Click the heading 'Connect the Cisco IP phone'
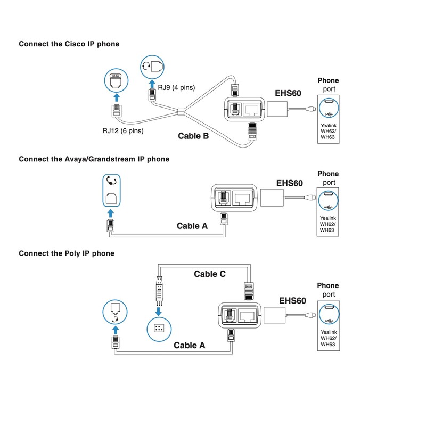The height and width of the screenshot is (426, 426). pyautogui.click(x=69, y=44)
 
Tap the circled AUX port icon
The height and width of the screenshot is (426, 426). pyautogui.click(x=116, y=80)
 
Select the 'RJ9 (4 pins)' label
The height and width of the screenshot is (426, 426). pyautogui.click(x=176, y=87)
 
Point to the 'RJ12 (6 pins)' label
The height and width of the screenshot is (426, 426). pyautogui.click(x=123, y=130)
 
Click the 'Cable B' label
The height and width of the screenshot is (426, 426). pyautogui.click(x=193, y=136)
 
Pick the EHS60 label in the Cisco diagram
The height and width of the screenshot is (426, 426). pyautogui.click(x=288, y=93)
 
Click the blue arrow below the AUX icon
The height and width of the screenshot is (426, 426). pyautogui.click(x=117, y=97)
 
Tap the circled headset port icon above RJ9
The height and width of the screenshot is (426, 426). pyautogui.click(x=152, y=67)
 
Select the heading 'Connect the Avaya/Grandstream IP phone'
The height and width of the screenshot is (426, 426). pyautogui.click(x=94, y=159)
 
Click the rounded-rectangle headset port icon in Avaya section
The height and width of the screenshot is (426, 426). pyautogui.click(x=111, y=191)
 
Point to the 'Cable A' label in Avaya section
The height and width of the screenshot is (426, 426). pyautogui.click(x=192, y=226)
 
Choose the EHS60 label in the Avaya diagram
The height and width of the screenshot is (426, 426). pyautogui.click(x=289, y=183)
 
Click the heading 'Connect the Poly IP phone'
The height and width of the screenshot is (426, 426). pyautogui.click(x=67, y=253)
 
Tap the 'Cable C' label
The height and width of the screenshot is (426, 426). pyautogui.click(x=210, y=274)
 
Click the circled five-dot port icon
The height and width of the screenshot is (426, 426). pyautogui.click(x=159, y=329)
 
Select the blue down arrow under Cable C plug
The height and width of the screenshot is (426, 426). pyautogui.click(x=158, y=311)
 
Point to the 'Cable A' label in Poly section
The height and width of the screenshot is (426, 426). pyautogui.click(x=190, y=345)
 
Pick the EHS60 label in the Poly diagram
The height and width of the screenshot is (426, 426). pyautogui.click(x=292, y=301)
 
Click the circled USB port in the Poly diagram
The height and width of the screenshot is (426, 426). pyautogui.click(x=329, y=314)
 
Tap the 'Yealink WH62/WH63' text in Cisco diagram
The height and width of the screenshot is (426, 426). pyautogui.click(x=329, y=131)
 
